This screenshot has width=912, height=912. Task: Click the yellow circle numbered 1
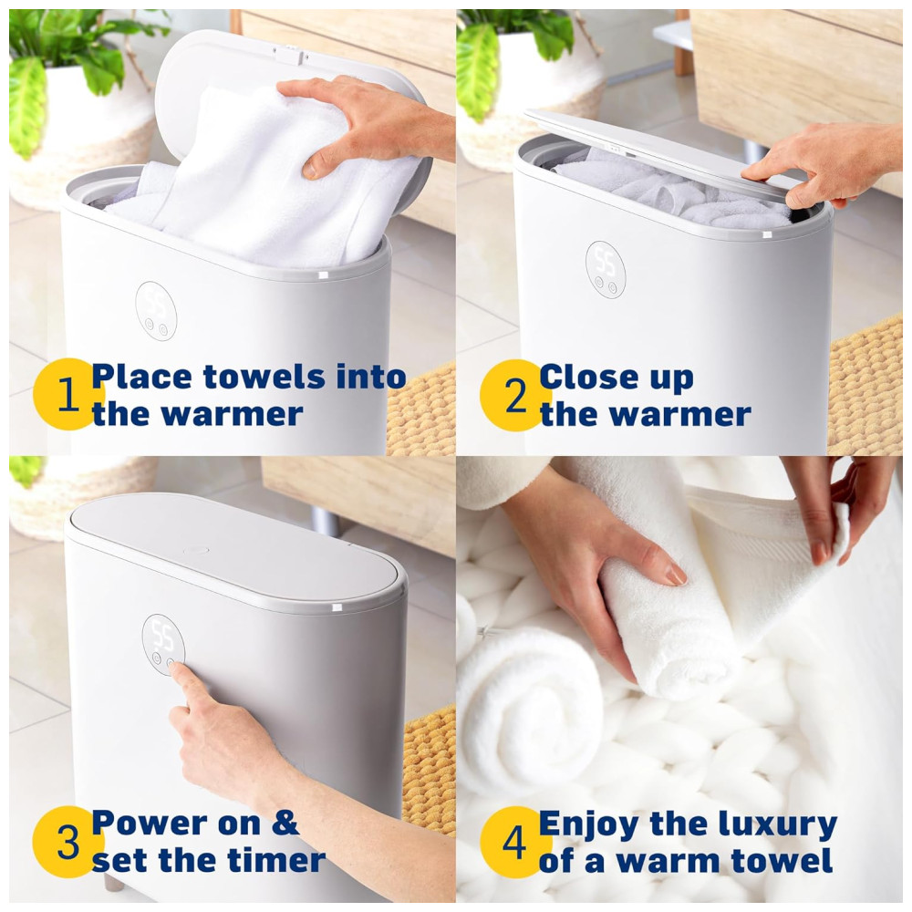[x=67, y=394]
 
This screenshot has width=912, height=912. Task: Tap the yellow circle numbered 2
[x=514, y=395]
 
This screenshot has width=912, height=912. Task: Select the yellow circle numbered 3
[x=67, y=842]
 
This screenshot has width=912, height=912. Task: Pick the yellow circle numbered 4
[x=514, y=842]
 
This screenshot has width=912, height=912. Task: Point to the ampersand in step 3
[x=285, y=824]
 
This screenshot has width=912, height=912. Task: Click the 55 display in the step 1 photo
[x=156, y=301]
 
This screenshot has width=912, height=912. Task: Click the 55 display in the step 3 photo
[x=162, y=635]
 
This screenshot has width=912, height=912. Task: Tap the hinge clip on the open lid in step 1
[x=289, y=57]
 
